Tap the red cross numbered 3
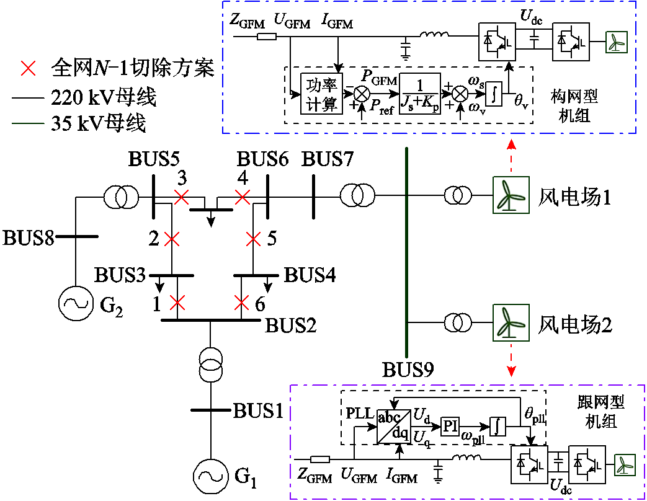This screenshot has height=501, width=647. [x=181, y=197]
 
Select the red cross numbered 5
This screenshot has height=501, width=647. [x=253, y=238]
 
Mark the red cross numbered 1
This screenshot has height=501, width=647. [x=178, y=303]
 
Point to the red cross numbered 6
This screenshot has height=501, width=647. [x=242, y=303]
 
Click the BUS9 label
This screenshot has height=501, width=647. [x=407, y=370]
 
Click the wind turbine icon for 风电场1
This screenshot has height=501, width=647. [x=511, y=195]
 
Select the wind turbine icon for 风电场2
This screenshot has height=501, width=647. [x=511, y=322]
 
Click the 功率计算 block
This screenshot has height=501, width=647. [x=321, y=94]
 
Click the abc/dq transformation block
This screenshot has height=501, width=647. [x=393, y=427]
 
